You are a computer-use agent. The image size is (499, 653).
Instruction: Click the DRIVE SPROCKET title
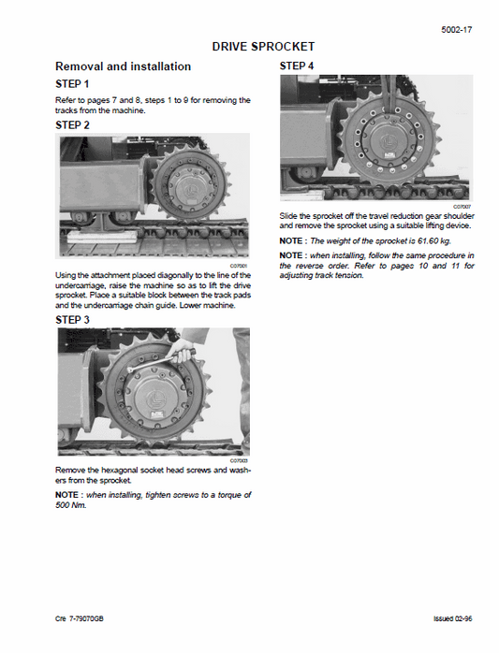pyautogui.click(x=263, y=46)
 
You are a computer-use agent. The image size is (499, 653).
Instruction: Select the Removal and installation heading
pyautogui.click(x=124, y=66)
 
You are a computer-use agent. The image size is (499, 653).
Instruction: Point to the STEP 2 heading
pyautogui.click(x=73, y=124)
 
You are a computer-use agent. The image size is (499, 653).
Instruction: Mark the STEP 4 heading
pyautogui.click(x=298, y=66)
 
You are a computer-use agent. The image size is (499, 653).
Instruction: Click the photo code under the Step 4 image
pyautogui.click(x=462, y=206)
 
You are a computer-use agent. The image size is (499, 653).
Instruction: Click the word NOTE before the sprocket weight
pyautogui.click(x=293, y=240)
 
